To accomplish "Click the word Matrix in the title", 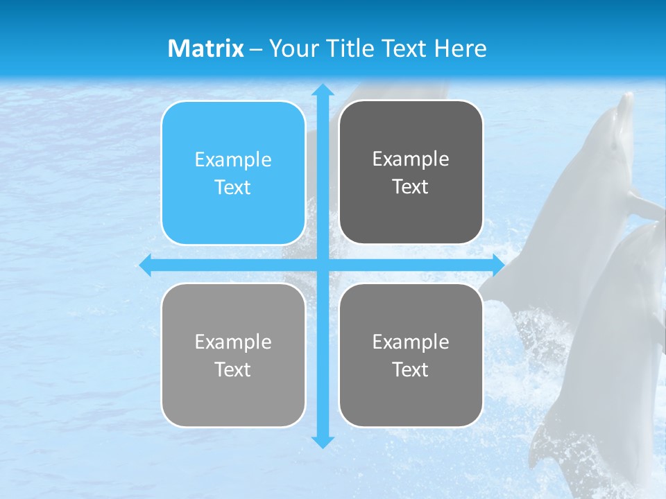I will coord(205,49).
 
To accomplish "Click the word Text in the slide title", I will coord(404,49).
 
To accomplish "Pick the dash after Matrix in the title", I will coord(256,49).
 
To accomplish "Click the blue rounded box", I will coord(233,173).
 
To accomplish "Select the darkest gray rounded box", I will coord(411,173).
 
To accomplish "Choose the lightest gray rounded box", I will coord(233,355).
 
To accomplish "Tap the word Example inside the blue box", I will coord(233,160).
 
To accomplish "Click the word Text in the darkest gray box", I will coord(411,187).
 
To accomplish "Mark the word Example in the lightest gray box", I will coord(233,342).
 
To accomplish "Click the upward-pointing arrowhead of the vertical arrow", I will coord(323,90).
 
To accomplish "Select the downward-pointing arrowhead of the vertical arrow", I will coord(323,441).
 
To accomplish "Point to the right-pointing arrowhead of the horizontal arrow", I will coord(498,265).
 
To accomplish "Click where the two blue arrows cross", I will coord(323,265).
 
